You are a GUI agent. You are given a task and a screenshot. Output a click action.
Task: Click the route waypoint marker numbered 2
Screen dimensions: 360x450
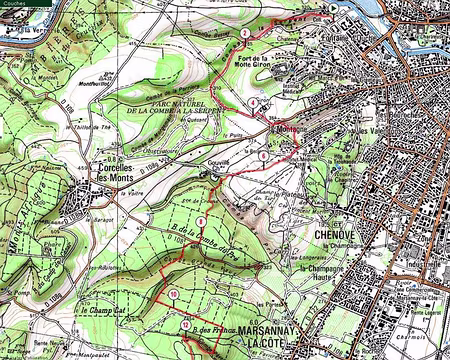click(x=245, y=33)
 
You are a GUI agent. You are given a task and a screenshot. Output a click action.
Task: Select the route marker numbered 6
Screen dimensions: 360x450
click(x=263, y=156)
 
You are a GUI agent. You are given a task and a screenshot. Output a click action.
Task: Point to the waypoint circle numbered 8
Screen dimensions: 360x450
click(x=200, y=220)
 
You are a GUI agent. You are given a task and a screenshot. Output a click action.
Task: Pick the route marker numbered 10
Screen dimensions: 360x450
click(x=174, y=293)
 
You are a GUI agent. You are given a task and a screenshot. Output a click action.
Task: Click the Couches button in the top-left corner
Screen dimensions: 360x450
click(x=16, y=4)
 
